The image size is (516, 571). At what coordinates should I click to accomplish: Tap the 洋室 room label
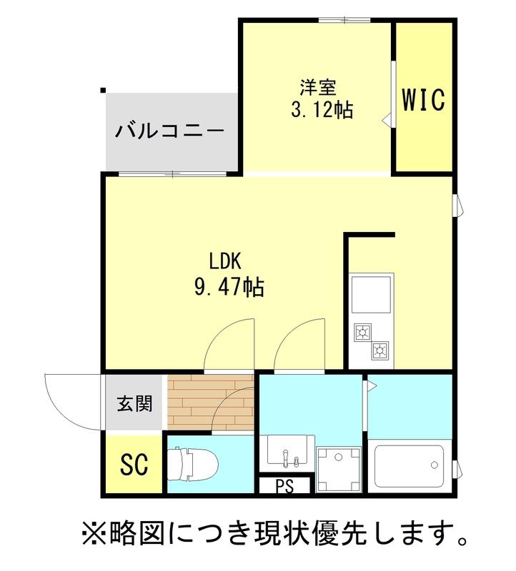[x=318, y=89]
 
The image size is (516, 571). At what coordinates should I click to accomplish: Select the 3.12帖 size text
[x=322, y=111]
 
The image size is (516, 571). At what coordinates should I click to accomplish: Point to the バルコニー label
[x=170, y=132]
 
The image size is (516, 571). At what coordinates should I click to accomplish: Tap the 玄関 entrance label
[x=134, y=404]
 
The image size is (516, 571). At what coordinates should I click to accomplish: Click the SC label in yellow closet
[x=134, y=465]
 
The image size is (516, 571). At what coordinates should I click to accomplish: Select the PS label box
[x=284, y=487]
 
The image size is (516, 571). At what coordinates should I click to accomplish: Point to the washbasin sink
[x=287, y=451]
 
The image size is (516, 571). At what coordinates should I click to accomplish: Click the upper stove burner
[x=362, y=331]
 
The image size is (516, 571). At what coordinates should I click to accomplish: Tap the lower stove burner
[x=379, y=350]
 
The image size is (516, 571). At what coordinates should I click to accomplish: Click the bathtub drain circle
[x=434, y=465]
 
